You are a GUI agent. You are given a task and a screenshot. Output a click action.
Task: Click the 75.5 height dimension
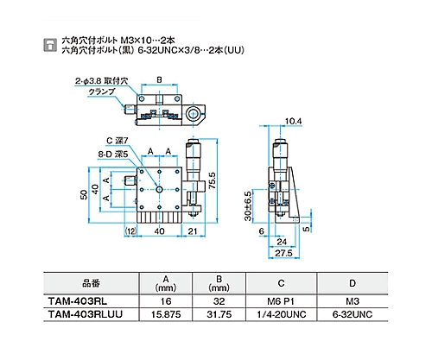pyautogui.click(x=213, y=180)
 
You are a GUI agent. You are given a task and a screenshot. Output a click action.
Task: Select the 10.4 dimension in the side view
pyautogui.click(x=293, y=122)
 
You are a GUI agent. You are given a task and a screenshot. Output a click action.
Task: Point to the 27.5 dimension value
pyautogui.click(x=283, y=253)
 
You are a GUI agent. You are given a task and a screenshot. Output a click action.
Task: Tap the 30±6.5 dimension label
pyautogui.click(x=248, y=205)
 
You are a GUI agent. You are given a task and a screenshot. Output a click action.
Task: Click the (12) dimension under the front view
pyautogui.click(x=130, y=231)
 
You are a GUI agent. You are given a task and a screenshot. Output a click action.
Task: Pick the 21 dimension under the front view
pyautogui.click(x=193, y=231)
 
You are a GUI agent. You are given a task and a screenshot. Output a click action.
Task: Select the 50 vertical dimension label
pyautogui.click(x=84, y=195)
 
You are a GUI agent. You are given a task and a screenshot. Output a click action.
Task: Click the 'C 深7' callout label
pyautogui.click(x=118, y=141)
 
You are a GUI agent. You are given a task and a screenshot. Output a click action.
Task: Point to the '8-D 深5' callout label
pyautogui.click(x=113, y=155)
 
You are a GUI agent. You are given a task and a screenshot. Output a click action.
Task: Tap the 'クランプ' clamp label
pyautogui.click(x=102, y=92)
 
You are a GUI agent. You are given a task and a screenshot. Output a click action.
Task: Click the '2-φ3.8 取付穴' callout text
pyautogui.click(x=101, y=81)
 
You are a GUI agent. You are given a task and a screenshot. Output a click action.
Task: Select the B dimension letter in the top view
pyautogui.click(x=159, y=79)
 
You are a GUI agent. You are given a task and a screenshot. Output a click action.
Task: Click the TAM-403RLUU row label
pyautogui.click(x=86, y=314)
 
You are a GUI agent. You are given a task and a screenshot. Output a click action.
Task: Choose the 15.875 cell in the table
pyautogui.click(x=166, y=314)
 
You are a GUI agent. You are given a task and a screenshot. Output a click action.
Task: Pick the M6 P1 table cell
pyautogui.click(x=281, y=301)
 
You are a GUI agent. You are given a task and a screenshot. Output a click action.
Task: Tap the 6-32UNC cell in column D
pyautogui.click(x=353, y=314)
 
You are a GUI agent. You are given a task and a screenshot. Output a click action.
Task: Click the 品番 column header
pyautogui.click(x=91, y=283)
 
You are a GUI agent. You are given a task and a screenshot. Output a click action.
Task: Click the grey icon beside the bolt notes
pyautogui.click(x=50, y=45)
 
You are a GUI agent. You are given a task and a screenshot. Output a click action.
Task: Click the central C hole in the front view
pyautogui.click(x=159, y=189)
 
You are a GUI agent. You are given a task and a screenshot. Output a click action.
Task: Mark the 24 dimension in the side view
pyautogui.click(x=282, y=242)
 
